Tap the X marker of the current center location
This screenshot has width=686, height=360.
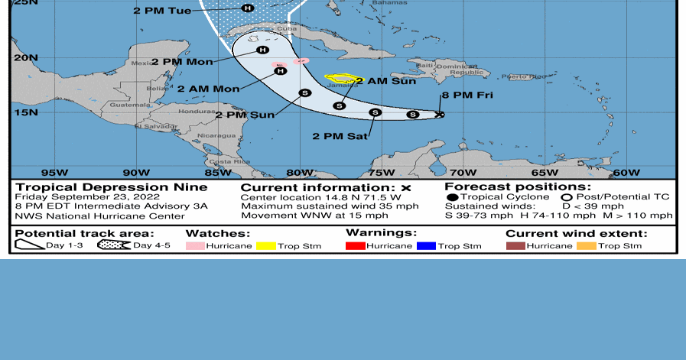pos(439,115)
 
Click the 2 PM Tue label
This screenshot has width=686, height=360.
pos(162,11)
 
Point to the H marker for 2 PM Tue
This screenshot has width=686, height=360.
pos(247,8)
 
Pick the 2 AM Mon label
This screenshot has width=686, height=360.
pos(208,89)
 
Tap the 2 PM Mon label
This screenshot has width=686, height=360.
pos(182,62)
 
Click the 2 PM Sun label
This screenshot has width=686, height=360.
pos(245,115)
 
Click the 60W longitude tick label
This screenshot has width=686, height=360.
pos(626,173)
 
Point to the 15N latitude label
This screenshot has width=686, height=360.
pos(26,112)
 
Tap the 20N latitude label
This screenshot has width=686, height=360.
pos(26,57)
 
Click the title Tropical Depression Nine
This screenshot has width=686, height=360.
pos(111,187)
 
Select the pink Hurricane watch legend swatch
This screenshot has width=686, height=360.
pos(197,246)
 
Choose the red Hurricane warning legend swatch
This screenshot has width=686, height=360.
pos(356,246)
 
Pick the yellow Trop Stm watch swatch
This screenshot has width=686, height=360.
pos(266,246)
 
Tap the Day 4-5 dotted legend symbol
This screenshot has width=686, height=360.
pos(114,245)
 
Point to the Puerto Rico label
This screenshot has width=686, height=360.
pos(524,76)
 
